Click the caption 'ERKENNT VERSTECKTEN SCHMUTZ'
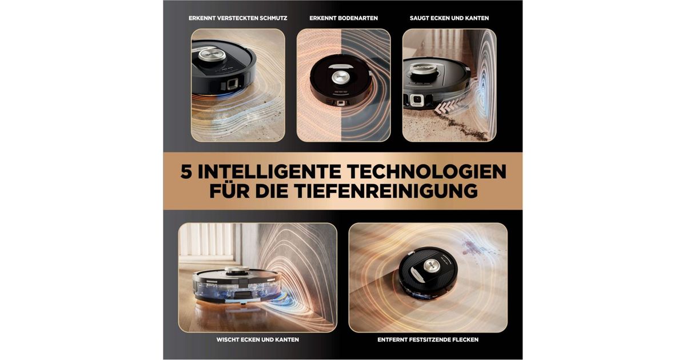pyautogui.click(x=238, y=18)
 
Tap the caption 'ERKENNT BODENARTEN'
pyautogui.click(x=344, y=18)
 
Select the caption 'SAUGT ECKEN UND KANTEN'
pyautogui.click(x=449, y=18)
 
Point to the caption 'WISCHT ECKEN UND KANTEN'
pyautogui.click(x=258, y=339)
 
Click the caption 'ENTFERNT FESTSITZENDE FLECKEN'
pyautogui.click(x=428, y=339)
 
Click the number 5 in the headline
pyautogui.click(x=186, y=172)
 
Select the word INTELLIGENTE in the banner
pyautogui.click(x=269, y=172)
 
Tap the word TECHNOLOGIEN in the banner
pyautogui.click(x=426, y=172)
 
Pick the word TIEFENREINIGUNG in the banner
pyautogui.click(x=386, y=191)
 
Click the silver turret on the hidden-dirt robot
pyautogui.click(x=212, y=54)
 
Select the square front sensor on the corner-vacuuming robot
pyautogui.click(x=417, y=100)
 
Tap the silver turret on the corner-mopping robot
pyautogui.click(x=237, y=270)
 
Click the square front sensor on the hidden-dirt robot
pyautogui.click(x=233, y=84)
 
